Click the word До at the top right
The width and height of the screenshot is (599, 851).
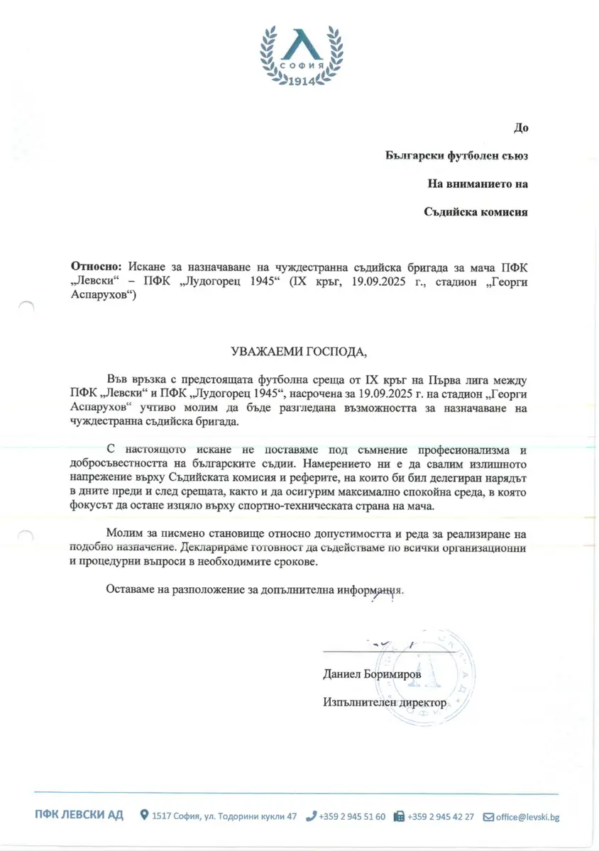click(x=521, y=128)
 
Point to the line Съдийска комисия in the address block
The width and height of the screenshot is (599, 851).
click(x=476, y=211)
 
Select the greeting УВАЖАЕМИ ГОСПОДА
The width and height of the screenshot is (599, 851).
click(x=299, y=352)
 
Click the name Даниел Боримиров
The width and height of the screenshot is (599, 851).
click(x=372, y=675)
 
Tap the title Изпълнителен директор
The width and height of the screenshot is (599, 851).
click(x=385, y=702)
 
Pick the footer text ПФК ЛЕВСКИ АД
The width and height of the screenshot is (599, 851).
click(x=79, y=816)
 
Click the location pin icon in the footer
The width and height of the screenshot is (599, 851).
click(x=144, y=816)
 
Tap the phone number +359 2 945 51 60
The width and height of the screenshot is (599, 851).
click(x=352, y=816)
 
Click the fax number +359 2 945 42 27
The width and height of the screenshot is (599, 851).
click(x=441, y=816)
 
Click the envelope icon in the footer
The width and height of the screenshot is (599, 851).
click(x=488, y=816)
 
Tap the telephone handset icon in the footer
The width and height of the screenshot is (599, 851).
click(x=310, y=816)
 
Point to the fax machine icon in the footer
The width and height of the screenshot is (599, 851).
click(x=399, y=816)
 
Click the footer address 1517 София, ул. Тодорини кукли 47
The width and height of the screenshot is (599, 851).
click(x=224, y=816)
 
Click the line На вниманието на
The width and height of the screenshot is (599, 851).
click(x=478, y=183)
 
